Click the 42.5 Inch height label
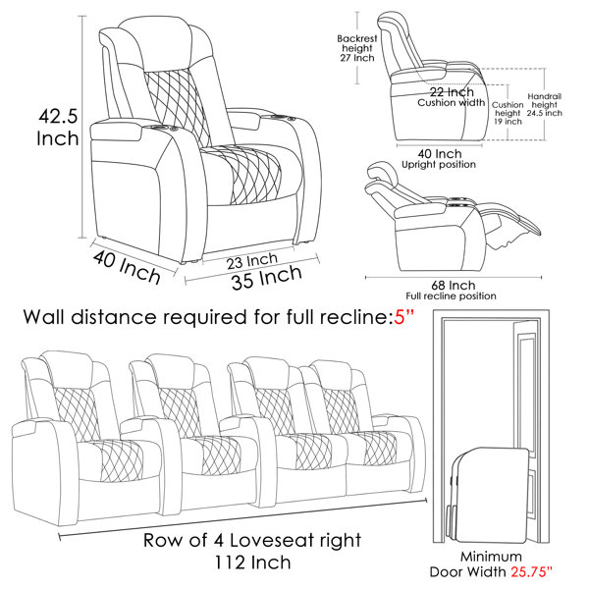point(58,127)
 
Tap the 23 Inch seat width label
point(252,261)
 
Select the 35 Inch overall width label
point(267,277)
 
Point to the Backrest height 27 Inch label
point(357,48)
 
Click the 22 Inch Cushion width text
point(452,97)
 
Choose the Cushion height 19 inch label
point(508,113)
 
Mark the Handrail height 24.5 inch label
point(544,105)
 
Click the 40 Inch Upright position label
point(439,158)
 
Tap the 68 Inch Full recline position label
point(452,291)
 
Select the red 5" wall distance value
point(403,317)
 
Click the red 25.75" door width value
point(531,571)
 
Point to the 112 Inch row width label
point(252,562)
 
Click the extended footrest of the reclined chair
point(510,222)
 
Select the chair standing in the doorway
point(490,496)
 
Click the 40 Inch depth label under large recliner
point(127,267)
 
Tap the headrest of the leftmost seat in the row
point(67,368)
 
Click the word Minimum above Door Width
point(491,557)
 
